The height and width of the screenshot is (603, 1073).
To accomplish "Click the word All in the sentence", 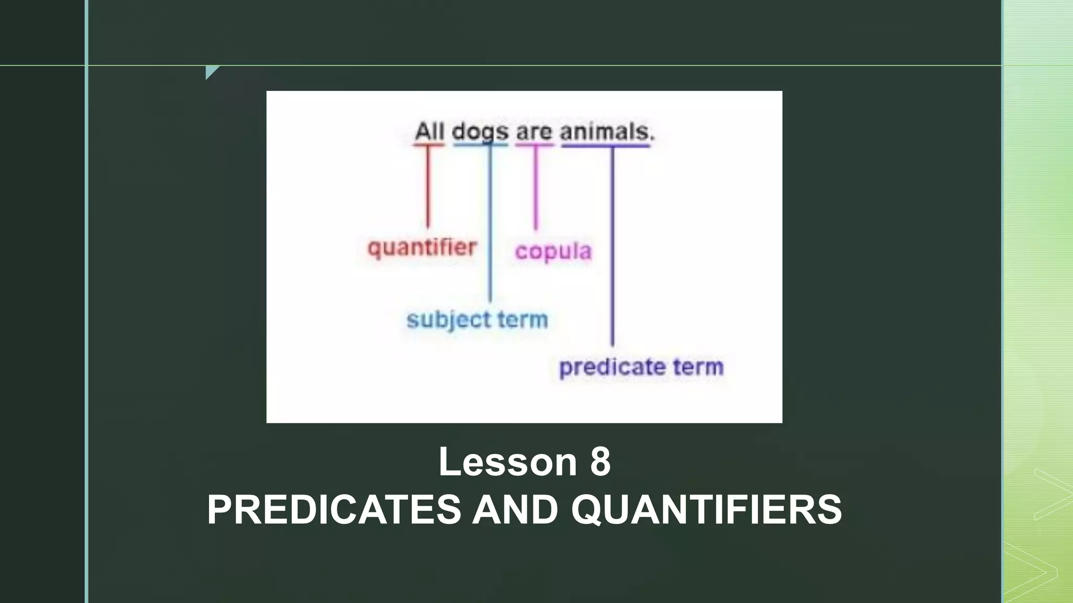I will point(429,131).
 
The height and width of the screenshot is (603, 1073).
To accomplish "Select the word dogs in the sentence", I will point(480,132).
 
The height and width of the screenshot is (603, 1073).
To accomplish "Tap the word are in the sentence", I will point(534,131).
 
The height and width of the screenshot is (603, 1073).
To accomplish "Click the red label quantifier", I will point(422,248).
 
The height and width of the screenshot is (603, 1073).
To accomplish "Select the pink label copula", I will point(553,251).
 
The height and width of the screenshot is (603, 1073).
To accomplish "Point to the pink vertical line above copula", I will point(535,188).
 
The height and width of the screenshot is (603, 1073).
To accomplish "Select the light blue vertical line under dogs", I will point(490,225).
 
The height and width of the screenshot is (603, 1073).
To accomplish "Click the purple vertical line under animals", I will point(612,246).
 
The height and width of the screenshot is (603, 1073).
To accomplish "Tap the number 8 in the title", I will point(600,462).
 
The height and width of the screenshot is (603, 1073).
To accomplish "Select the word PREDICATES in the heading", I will point(334,509).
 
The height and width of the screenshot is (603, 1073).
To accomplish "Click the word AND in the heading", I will point(515,509).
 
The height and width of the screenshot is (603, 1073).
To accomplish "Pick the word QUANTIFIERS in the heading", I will point(706,509).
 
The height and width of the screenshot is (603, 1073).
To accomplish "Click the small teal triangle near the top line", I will point(211,71).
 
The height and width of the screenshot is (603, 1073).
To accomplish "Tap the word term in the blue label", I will point(522,319).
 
